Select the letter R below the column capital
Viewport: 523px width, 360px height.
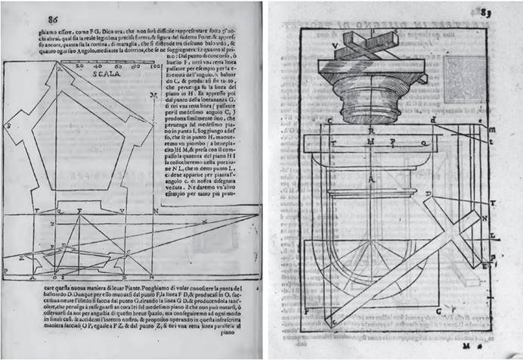tap(369, 131)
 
